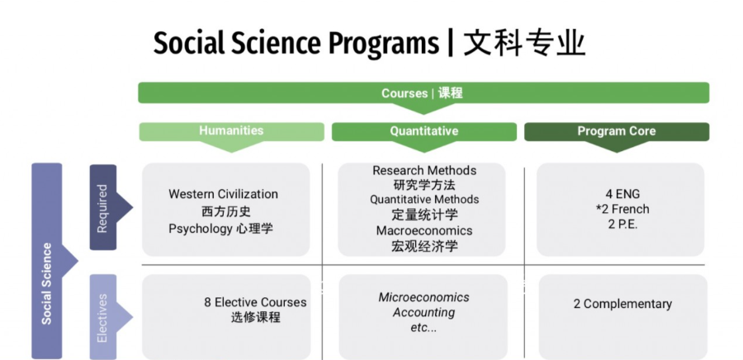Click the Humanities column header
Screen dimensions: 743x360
point(231,130)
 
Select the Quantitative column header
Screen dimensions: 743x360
point(424,130)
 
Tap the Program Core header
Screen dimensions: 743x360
point(617,130)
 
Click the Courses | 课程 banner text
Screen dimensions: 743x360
point(422,92)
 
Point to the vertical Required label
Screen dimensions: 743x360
point(102,208)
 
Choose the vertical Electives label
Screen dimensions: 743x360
point(102,318)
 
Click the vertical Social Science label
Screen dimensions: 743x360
point(46,284)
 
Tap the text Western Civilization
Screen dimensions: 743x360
point(223,194)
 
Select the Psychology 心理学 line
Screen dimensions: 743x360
point(220,229)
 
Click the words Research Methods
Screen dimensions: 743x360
point(424,170)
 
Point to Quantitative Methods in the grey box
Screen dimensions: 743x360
point(424,200)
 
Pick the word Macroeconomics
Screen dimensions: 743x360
point(424,230)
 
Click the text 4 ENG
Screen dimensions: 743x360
point(622,194)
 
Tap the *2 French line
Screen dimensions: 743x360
point(622,209)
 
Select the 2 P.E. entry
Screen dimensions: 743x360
point(622,225)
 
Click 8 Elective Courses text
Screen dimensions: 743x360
point(255,302)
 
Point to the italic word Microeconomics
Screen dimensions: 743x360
point(424,297)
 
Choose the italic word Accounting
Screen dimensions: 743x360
point(424,313)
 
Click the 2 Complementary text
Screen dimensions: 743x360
point(622,304)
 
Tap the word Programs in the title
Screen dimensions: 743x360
point(384,44)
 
